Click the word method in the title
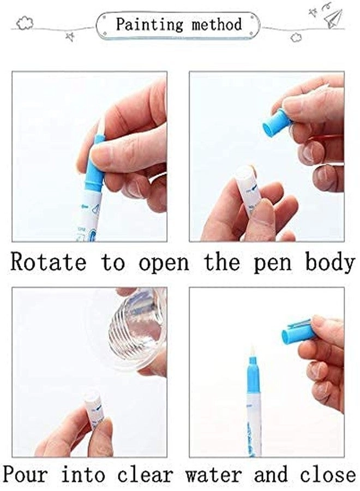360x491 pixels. tap(216, 25)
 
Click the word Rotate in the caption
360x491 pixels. tap(49, 262)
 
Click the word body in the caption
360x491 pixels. tap(329, 262)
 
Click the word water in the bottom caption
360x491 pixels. tap(216, 474)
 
